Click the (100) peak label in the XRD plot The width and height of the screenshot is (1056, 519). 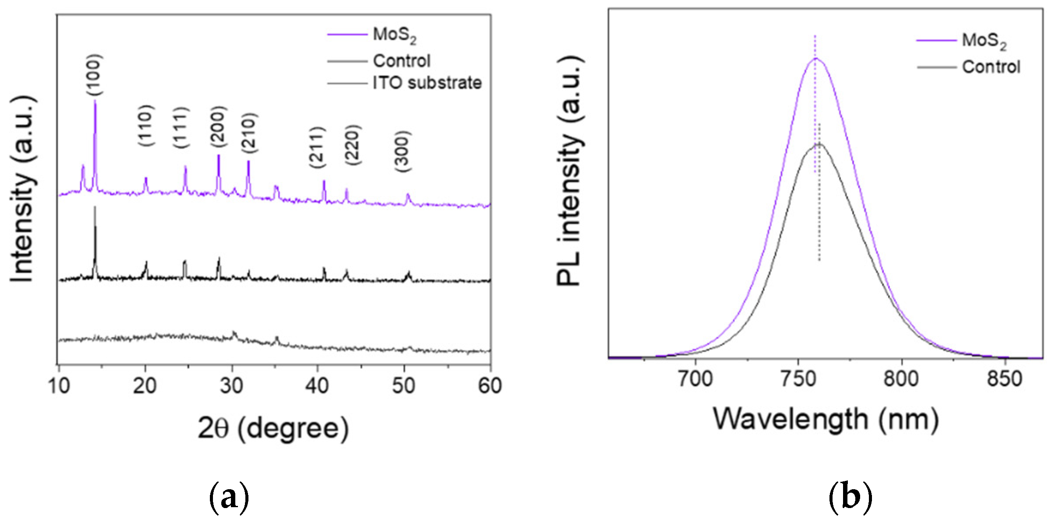point(94,74)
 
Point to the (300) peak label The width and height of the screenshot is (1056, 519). point(402,152)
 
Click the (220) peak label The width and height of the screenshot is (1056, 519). point(352,145)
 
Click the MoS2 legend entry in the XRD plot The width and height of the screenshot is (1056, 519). point(394,35)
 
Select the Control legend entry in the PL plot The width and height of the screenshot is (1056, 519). point(991,67)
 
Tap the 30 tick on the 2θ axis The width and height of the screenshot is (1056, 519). point(231,386)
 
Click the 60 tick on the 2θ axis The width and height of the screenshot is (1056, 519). point(490,386)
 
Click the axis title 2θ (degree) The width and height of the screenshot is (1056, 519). point(273,428)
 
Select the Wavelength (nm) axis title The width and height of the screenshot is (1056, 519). point(826,420)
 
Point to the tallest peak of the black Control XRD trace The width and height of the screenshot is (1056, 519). point(95,208)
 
